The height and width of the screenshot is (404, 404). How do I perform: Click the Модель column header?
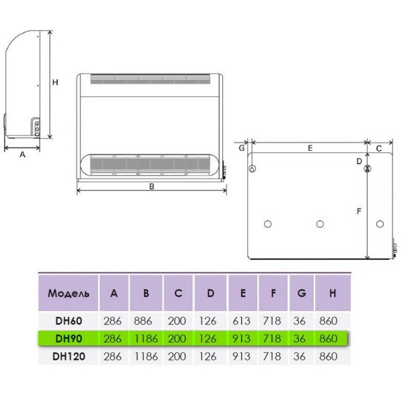tap(69, 294)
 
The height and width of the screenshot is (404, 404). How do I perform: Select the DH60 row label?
tap(69, 321)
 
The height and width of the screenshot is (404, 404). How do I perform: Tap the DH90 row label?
tap(69, 339)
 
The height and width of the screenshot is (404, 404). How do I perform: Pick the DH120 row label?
tap(69, 356)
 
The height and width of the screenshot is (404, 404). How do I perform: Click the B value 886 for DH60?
tap(143, 321)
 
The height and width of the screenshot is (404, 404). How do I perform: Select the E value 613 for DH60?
tap(242, 321)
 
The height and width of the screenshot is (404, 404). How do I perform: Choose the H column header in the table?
tap(333, 293)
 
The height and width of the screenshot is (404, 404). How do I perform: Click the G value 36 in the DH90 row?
tap(300, 339)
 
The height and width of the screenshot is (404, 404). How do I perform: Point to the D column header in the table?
tap(211, 293)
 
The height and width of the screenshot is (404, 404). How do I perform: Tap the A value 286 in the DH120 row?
tap(112, 356)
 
